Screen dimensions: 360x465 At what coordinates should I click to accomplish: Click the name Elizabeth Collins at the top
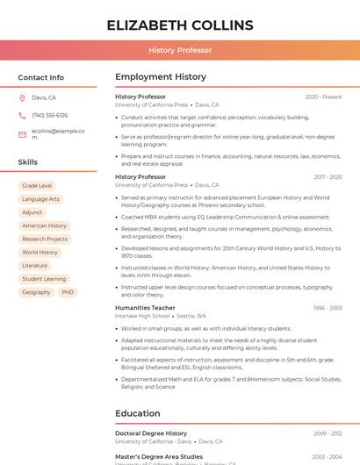pyautogui.click(x=180, y=25)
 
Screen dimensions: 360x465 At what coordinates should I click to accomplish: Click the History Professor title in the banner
pyautogui.click(x=180, y=50)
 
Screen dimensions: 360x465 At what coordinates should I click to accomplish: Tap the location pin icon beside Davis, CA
pyautogui.click(x=22, y=98)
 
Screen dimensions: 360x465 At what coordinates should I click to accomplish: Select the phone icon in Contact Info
pyautogui.click(x=22, y=116)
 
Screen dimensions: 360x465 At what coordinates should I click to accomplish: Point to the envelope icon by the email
pyautogui.click(x=22, y=134)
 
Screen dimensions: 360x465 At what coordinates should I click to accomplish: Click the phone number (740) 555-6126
pyautogui.click(x=49, y=116)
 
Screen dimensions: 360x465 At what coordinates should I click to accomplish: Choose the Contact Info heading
pyautogui.click(x=40, y=77)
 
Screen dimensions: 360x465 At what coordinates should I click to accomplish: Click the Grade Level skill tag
pyautogui.click(x=37, y=186)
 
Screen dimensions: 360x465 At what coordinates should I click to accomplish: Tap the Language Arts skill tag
pyautogui.click(x=40, y=199)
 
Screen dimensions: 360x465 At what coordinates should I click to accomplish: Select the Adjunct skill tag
pyautogui.click(x=32, y=212)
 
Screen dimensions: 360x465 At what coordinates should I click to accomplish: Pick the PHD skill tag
pyautogui.click(x=68, y=292)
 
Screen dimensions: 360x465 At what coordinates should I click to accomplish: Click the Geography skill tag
pyautogui.click(x=36, y=292)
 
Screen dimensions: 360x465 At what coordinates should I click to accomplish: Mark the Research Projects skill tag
pyautogui.click(x=45, y=239)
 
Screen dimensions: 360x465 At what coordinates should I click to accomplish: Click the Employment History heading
pyautogui.click(x=161, y=77)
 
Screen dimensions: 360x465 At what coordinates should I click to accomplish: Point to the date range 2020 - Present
pyautogui.click(x=323, y=97)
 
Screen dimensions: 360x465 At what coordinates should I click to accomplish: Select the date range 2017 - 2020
pyautogui.click(x=326, y=177)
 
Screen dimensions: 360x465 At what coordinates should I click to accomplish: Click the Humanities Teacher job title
pyautogui.click(x=145, y=308)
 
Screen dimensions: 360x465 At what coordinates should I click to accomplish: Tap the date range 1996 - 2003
pyautogui.click(x=327, y=308)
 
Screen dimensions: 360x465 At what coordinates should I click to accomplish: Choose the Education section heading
pyautogui.click(x=138, y=413)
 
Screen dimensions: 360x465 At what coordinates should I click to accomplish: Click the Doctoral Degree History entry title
pyautogui.click(x=151, y=433)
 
